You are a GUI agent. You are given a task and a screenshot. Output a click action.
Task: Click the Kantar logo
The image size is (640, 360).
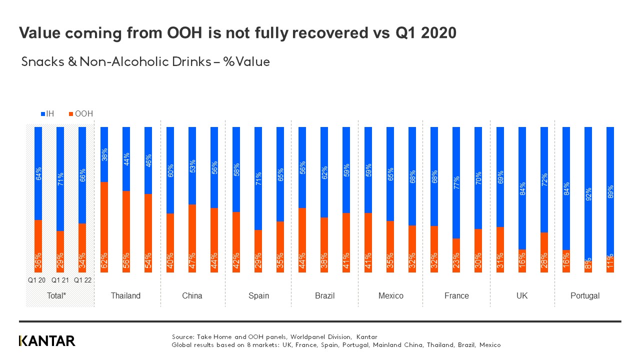[47, 341]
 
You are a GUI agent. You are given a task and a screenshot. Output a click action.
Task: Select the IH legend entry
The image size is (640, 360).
[47, 113]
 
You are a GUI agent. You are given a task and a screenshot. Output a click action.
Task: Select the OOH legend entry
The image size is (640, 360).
[80, 113]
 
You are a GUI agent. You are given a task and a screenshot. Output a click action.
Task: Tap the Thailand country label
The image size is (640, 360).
[125, 295]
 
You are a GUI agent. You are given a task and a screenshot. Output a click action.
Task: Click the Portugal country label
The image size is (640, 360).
[584, 295]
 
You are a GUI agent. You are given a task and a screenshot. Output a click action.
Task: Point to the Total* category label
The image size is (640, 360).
[56, 295]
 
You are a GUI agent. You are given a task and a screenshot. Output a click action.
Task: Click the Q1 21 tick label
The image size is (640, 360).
[59, 280]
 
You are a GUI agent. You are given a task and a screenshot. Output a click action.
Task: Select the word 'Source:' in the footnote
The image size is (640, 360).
[182, 337]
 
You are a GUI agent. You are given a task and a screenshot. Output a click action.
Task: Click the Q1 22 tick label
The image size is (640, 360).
[82, 280]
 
